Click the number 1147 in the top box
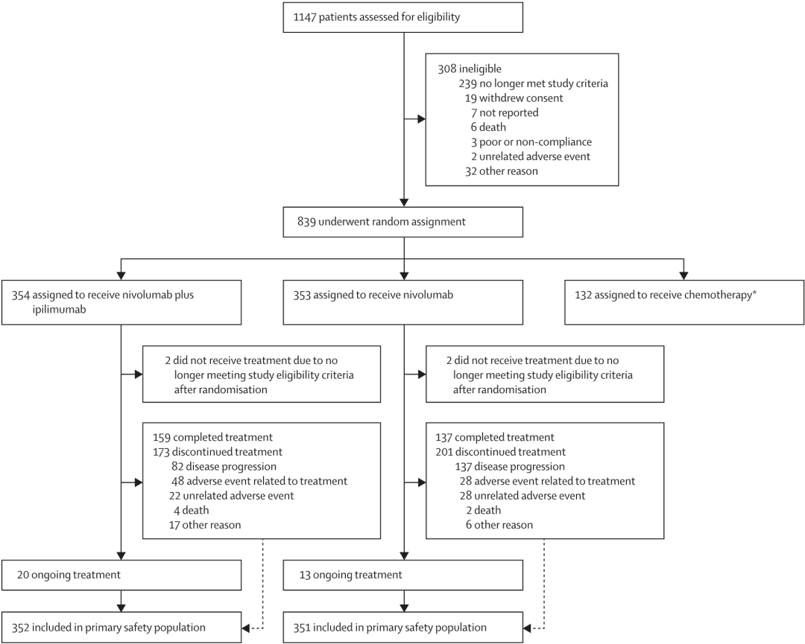point(304,17)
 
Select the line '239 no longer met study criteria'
point(533,83)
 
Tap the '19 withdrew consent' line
point(514,98)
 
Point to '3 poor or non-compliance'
point(531,142)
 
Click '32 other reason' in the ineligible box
point(502,171)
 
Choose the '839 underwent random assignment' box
point(403,222)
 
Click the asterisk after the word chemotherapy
point(754,293)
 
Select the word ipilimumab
point(59,310)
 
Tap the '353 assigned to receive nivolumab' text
point(373,295)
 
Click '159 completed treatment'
point(212,437)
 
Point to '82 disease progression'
point(224,467)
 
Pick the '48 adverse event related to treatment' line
point(259,481)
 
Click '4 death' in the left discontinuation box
point(191,510)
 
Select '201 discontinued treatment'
point(501,452)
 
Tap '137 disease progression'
point(510,467)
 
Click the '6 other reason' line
point(499,525)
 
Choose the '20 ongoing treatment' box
point(121,575)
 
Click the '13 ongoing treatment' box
point(403,575)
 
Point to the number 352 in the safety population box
point(21,628)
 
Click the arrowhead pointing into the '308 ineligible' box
point(421,119)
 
